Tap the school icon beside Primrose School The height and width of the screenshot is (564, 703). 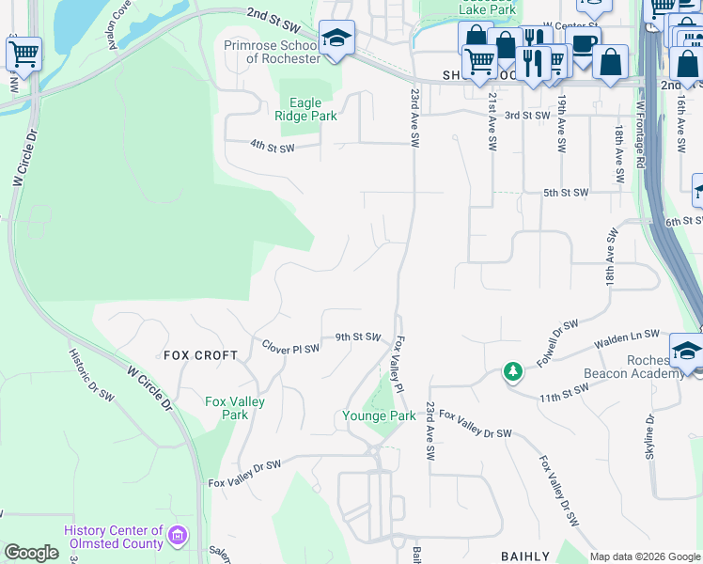coord(336,38)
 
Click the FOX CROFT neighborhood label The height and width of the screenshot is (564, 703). coord(202,355)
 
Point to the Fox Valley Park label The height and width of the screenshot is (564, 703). coord(235,408)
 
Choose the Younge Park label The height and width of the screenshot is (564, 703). coord(379,415)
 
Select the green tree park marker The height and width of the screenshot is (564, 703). coord(512,372)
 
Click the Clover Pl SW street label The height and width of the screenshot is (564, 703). coord(290,347)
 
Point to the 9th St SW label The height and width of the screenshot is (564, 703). coord(358,337)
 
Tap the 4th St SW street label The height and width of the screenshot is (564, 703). coord(273,147)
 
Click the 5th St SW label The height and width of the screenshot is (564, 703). coord(565,193)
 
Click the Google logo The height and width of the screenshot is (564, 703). coord(31,553)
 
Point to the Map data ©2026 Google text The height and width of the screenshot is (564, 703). coord(644,556)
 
